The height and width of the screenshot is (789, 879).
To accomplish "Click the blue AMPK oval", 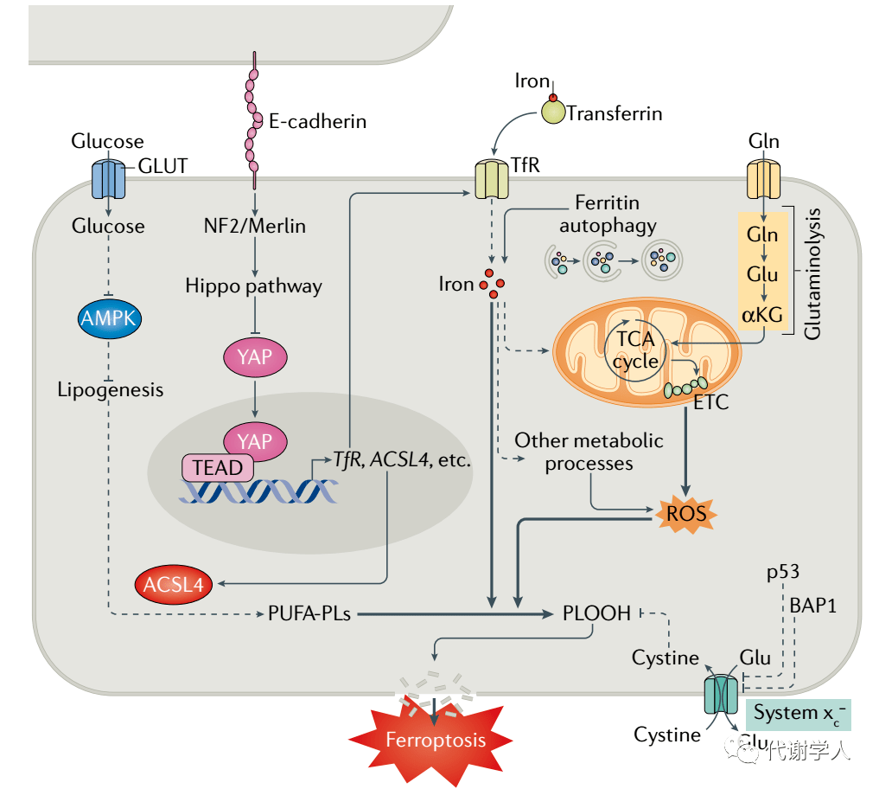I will (110, 319).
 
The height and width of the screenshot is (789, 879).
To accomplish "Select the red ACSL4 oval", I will (173, 585).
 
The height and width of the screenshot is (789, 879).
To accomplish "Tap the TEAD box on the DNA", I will (217, 468).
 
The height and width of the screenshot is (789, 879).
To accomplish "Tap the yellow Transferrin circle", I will (552, 111).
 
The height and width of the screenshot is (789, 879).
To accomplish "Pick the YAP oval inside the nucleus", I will (254, 440).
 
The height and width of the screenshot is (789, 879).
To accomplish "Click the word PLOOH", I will (596, 613).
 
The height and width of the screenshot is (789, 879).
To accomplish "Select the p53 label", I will (782, 572).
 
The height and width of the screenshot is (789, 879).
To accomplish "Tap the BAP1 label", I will (812, 605).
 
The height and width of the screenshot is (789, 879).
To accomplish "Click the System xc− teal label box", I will (798, 714).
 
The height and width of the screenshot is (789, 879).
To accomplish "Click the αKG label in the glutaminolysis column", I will (761, 314).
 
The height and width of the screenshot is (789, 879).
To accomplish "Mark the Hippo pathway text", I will (253, 285).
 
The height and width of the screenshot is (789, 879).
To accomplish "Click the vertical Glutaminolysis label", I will (813, 273).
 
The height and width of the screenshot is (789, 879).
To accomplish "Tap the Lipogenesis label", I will (110, 389).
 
